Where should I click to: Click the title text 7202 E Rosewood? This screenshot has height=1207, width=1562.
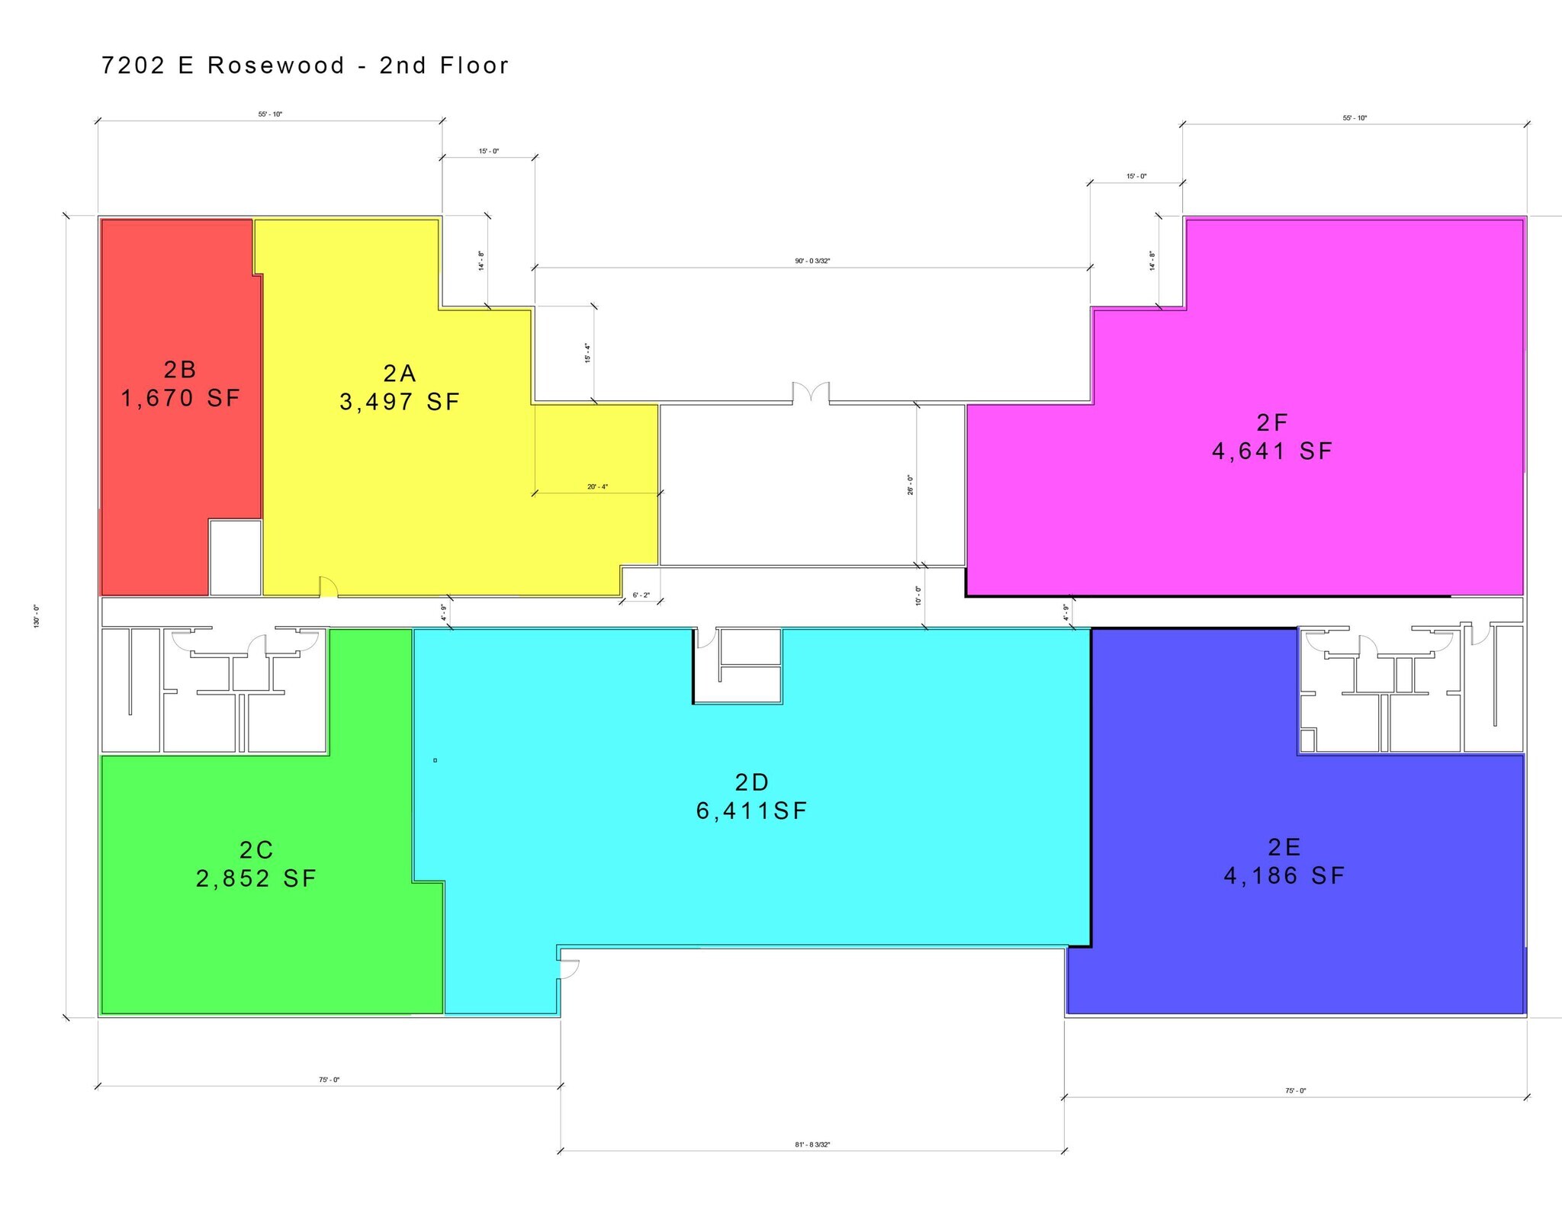223,66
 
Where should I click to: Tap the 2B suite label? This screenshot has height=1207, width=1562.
181,370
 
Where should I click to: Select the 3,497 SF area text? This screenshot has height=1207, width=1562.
400,402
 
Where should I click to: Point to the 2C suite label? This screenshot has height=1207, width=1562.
256,849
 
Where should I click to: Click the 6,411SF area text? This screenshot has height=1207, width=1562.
751,811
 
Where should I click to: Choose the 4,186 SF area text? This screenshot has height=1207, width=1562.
1284,875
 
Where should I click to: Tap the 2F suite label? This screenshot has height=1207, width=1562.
1272,422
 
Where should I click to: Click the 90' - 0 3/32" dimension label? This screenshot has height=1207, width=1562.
812,261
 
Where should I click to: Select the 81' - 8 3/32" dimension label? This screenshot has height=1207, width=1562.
812,1144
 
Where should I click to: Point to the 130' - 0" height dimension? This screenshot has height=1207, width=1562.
36,616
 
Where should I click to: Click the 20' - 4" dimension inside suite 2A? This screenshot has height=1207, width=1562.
597,486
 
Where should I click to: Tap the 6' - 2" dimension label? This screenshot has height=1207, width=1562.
641,595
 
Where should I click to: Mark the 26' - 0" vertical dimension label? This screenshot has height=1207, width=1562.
910,485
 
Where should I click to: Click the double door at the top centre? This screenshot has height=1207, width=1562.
811,391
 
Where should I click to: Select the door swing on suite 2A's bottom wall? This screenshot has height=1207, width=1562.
329,586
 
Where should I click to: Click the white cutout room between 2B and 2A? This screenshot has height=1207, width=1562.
236,557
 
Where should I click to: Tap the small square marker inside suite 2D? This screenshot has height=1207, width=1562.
435,760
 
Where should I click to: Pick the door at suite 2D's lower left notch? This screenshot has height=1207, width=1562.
570,969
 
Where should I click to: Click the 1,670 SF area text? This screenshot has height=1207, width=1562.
181,398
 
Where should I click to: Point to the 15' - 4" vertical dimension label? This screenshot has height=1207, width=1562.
587,353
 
